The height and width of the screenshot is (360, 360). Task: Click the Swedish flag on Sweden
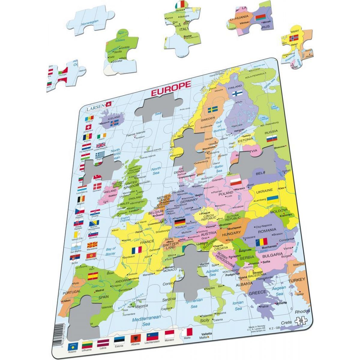coord(213,109)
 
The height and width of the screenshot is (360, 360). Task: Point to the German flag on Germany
coord(180,223)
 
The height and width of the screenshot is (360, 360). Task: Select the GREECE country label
coord(257,292)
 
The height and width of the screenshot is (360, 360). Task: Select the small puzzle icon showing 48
coord(301,321)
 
